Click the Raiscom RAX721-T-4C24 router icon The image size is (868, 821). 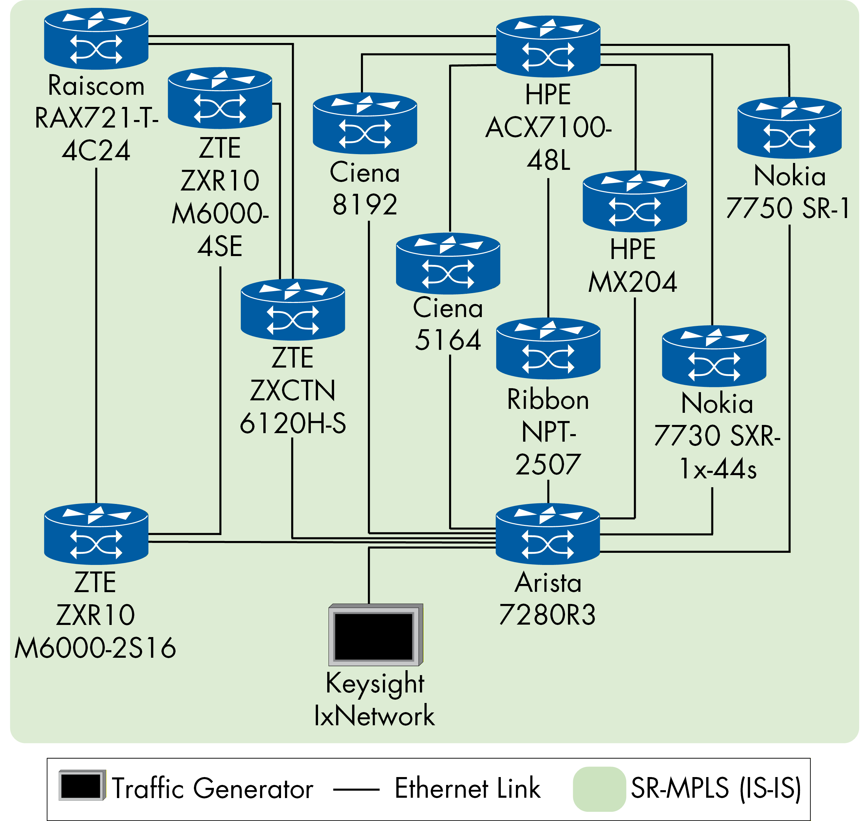96,39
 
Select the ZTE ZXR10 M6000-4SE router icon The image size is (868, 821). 220,98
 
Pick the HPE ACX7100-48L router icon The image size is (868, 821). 548,47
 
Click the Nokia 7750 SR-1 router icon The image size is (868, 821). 789,128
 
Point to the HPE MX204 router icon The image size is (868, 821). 634,202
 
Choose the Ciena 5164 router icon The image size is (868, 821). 448,264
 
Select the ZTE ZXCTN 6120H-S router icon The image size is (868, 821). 292,310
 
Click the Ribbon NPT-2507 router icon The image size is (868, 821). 548,349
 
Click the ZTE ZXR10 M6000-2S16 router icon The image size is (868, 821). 96,534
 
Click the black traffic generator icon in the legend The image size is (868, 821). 82,786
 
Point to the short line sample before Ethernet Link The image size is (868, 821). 356,790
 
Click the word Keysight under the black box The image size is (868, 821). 375,684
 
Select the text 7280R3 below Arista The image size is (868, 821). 547,615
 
